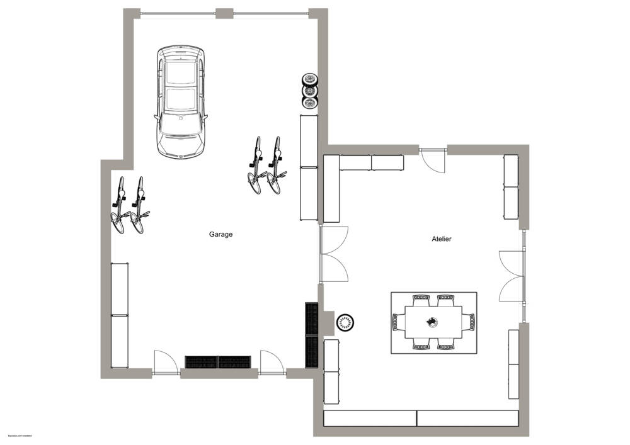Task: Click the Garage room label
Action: (220, 234)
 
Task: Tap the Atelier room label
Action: (441, 239)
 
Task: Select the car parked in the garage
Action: (181, 101)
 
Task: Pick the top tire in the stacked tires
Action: (309, 80)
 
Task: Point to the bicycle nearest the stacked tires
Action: (275, 165)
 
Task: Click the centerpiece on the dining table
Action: (432, 322)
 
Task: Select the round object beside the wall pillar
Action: (345, 322)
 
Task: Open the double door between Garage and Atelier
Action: (333, 254)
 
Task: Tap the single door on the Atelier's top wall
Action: (433, 161)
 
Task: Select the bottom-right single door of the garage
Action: (271, 362)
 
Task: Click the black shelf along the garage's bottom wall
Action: (217, 362)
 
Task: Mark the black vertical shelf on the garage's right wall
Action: (311, 335)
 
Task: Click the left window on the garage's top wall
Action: (178, 13)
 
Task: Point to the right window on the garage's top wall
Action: (271, 13)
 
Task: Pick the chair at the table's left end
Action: (396, 322)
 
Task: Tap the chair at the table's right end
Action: (469, 322)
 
